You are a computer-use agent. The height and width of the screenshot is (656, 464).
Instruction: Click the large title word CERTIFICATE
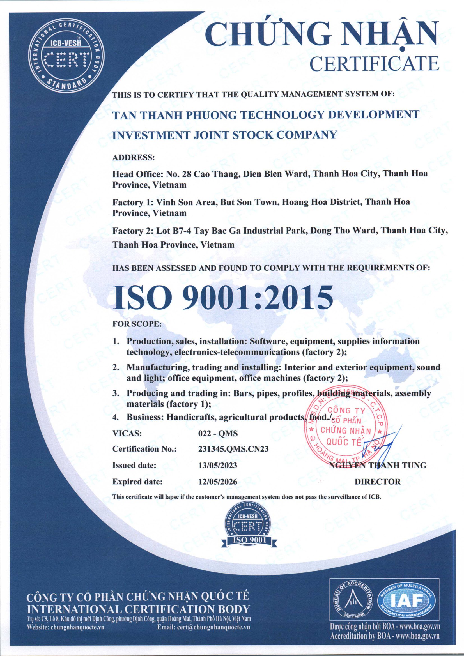[374, 63]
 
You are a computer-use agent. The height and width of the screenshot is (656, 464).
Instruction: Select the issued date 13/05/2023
[217, 465]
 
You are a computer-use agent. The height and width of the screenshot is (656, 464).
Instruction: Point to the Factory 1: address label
[132, 202]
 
